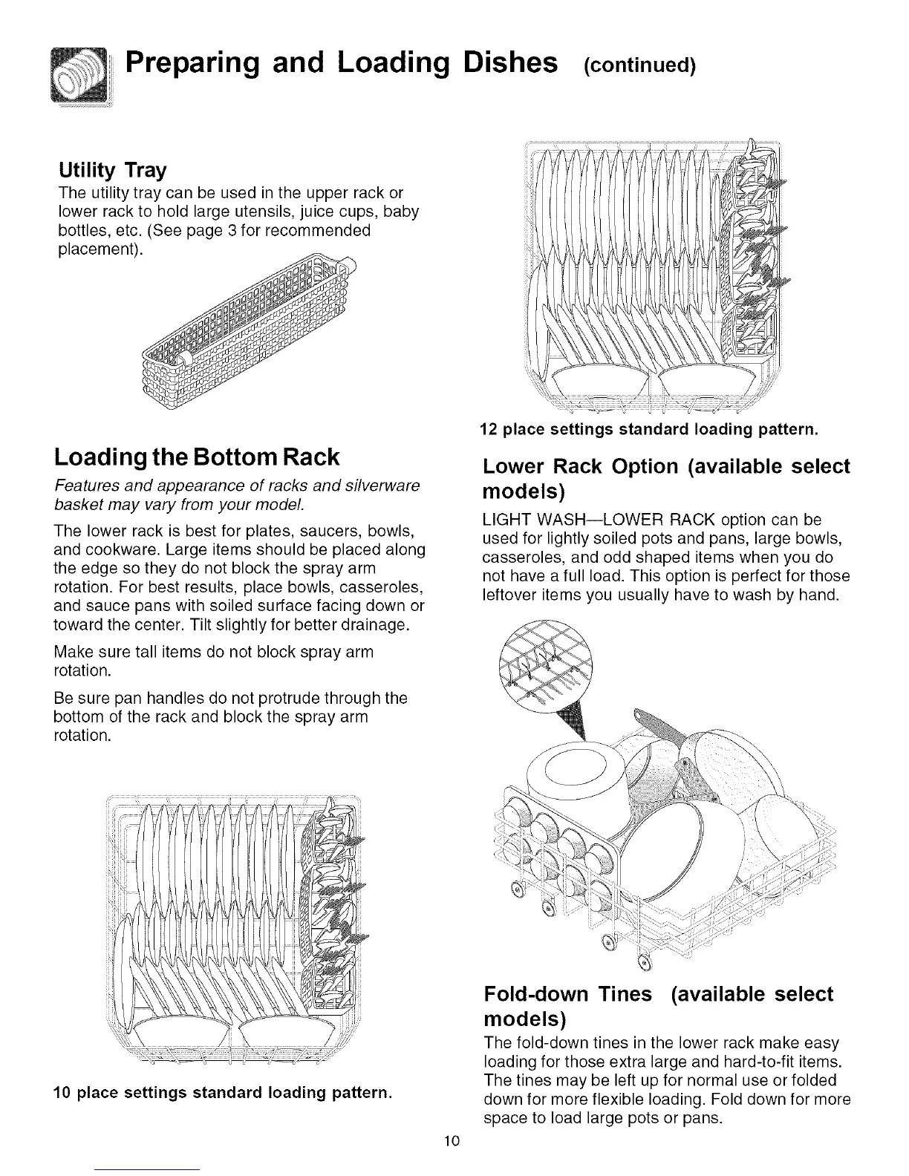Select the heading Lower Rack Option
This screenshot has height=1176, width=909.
[665, 478]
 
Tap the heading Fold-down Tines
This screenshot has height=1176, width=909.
[658, 1004]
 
